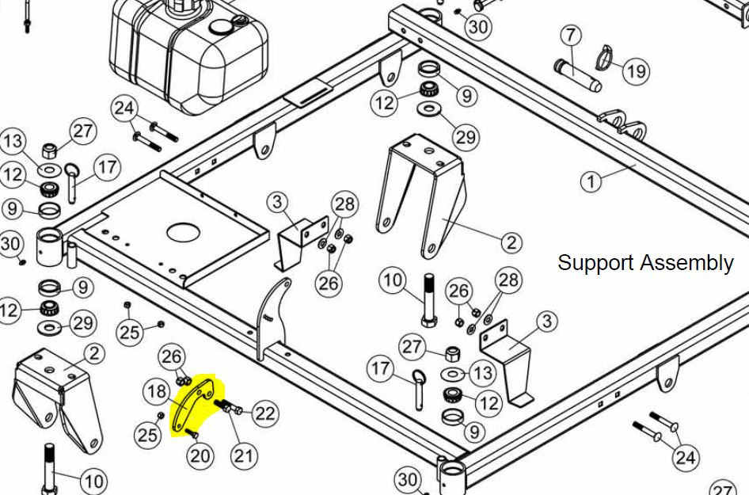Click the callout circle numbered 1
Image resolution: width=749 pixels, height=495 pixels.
coord(591,182)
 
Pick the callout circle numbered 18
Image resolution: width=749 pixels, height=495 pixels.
coord(157,392)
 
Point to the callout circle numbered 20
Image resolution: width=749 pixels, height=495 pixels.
coord(200,456)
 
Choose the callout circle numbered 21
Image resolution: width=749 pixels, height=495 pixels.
coord(244,456)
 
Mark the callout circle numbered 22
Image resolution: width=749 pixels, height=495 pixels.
coord(265,413)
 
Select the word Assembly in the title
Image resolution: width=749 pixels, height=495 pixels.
coord(686,264)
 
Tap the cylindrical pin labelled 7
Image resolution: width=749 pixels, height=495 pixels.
coord(577,75)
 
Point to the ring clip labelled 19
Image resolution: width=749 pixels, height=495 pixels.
coord(605,57)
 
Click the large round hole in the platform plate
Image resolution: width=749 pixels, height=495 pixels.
coord(184,233)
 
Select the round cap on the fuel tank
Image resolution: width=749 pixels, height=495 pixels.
coord(220,27)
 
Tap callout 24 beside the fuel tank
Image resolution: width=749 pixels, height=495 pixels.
coord(124,109)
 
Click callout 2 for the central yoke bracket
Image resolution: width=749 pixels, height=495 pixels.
coord(511,242)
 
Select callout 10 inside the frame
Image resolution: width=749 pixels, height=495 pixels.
coord(393,280)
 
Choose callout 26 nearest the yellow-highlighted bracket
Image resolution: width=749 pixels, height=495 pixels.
coord(172,356)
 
